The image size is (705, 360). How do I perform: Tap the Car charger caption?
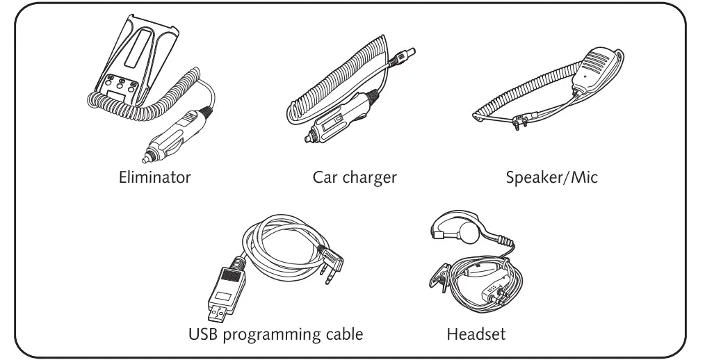pos(354,177)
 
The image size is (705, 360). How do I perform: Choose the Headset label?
pos(476,335)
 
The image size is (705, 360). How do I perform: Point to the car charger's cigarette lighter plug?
pos(327,129)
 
